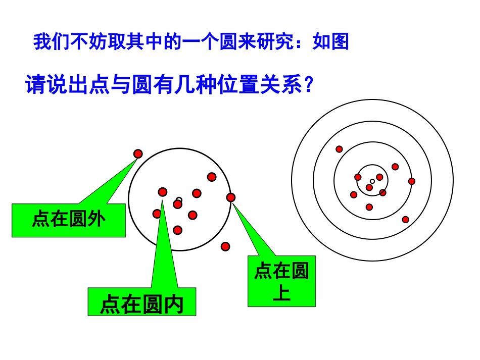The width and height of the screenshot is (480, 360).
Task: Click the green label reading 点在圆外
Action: [x=68, y=220]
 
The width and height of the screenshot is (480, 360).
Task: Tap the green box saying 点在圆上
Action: [x=281, y=281]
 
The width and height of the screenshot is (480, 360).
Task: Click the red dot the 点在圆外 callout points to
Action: [x=138, y=153]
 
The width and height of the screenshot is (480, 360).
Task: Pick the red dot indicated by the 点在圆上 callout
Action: [x=231, y=197]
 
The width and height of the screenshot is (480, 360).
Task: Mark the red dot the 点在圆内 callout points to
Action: [x=162, y=192]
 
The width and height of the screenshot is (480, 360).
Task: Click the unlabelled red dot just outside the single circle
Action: [x=225, y=246]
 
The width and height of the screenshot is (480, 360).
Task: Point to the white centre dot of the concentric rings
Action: [x=372, y=181]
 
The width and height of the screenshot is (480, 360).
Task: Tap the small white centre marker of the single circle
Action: [x=179, y=199]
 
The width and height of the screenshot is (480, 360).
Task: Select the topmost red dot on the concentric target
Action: [x=339, y=149]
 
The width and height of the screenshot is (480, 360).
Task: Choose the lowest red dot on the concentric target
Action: [x=405, y=219]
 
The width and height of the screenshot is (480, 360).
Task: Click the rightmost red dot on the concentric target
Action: [x=412, y=181]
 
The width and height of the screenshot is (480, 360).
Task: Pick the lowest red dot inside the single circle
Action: [x=177, y=230]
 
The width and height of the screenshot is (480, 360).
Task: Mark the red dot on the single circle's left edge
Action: [x=157, y=214]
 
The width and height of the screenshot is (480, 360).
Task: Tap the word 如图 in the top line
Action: [x=331, y=42]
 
